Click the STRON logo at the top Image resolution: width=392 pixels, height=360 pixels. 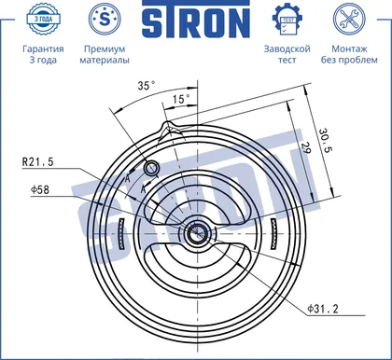pyautogui.click(x=196, y=20)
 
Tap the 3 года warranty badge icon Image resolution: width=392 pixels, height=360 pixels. pyautogui.click(x=43, y=19)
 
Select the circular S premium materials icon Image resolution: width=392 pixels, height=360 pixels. pyautogui.click(x=105, y=19)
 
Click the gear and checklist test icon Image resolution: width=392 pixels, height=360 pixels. pyautogui.click(x=287, y=20)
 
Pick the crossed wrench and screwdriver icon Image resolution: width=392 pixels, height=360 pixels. pyautogui.click(x=349, y=19)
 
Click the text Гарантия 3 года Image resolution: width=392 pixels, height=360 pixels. pyautogui.click(x=43, y=54)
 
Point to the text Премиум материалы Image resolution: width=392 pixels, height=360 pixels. pyautogui.click(x=105, y=54)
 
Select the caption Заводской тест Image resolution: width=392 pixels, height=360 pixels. pyautogui.click(x=287, y=54)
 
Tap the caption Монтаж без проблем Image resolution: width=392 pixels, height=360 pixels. pyautogui.click(x=349, y=54)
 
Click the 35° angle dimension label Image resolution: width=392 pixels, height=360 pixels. pyautogui.click(x=147, y=85)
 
